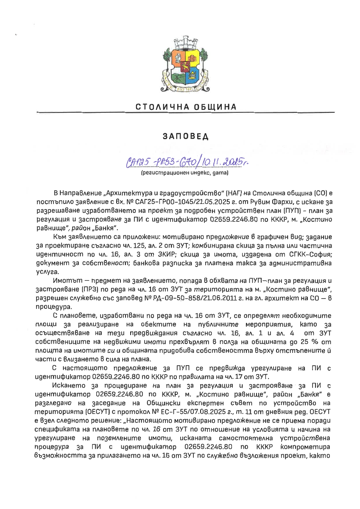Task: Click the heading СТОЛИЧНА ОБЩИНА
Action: pyautogui.click(x=186, y=106)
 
